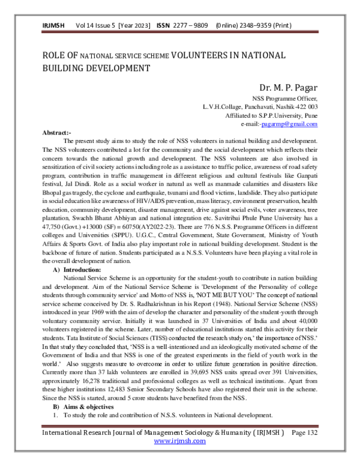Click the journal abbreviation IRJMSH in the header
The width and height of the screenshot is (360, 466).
tap(53, 26)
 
